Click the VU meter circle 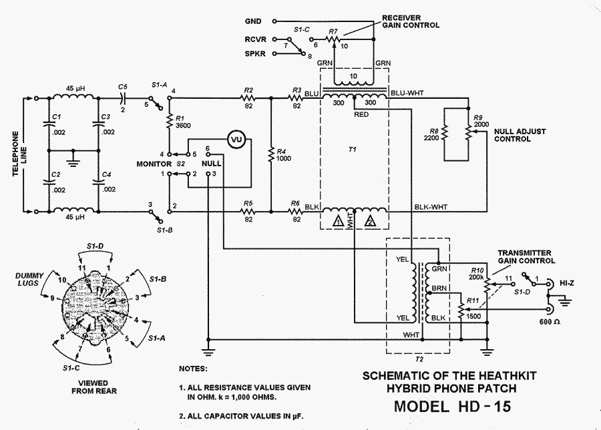click(236, 140)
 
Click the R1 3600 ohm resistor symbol click(169, 122)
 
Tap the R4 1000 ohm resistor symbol click(271, 154)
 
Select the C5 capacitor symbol click(123, 98)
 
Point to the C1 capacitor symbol click(49, 124)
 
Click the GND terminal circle click(274, 21)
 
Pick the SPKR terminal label click(255, 53)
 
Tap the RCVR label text click(255, 39)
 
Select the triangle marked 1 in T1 click(338, 221)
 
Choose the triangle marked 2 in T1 click(370, 221)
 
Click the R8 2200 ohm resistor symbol click(444, 134)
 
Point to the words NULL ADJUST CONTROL click(520, 135)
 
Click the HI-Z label click(566, 283)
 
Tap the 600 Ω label click(550, 322)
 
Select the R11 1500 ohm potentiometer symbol click(461, 311)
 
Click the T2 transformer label click(419, 359)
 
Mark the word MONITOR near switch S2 click(154, 164)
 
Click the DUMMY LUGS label click(29, 279)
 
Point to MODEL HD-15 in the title click(452, 406)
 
